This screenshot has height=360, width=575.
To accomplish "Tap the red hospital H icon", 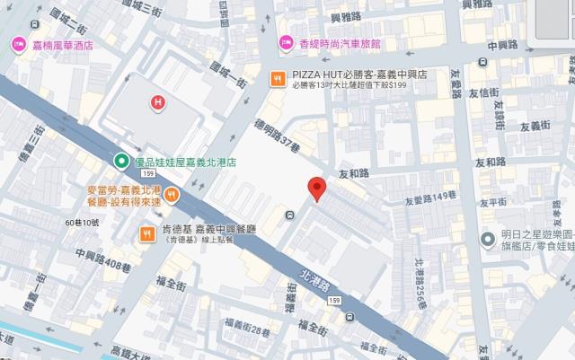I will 159,103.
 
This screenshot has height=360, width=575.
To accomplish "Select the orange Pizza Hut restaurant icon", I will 279,76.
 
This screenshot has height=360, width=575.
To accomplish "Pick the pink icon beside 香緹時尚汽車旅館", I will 286,42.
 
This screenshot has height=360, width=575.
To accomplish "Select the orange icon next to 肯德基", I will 146,233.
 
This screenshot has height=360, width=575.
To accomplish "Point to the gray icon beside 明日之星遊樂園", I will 488,239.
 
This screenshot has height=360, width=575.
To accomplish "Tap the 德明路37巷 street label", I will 274,139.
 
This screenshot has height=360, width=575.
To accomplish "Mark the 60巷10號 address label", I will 82,222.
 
